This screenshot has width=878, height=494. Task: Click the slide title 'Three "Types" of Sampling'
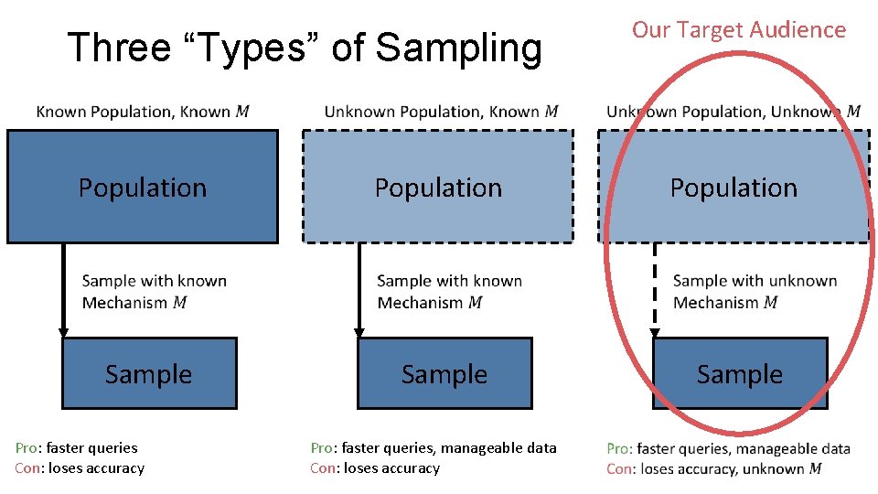click(305, 48)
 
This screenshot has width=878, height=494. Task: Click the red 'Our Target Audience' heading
click(739, 29)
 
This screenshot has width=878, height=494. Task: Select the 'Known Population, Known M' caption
click(143, 112)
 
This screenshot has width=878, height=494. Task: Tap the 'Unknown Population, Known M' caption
click(441, 112)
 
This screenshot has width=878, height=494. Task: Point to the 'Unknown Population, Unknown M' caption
click(733, 112)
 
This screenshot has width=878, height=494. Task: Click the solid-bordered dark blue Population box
click(143, 187)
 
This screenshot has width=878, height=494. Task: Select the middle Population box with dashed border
click(438, 187)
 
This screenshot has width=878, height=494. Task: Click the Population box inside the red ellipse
click(733, 187)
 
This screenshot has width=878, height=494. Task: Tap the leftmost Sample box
click(148, 373)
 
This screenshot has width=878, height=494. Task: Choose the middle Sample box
click(444, 373)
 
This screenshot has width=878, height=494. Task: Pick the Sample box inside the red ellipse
click(740, 373)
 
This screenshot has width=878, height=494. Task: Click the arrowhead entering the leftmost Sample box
click(63, 332)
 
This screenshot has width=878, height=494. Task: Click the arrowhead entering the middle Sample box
click(359, 332)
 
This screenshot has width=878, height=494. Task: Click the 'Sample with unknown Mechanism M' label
click(755, 291)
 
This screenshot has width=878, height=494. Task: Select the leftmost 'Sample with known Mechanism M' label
click(154, 291)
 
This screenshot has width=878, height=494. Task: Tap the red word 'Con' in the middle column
click(322, 467)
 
